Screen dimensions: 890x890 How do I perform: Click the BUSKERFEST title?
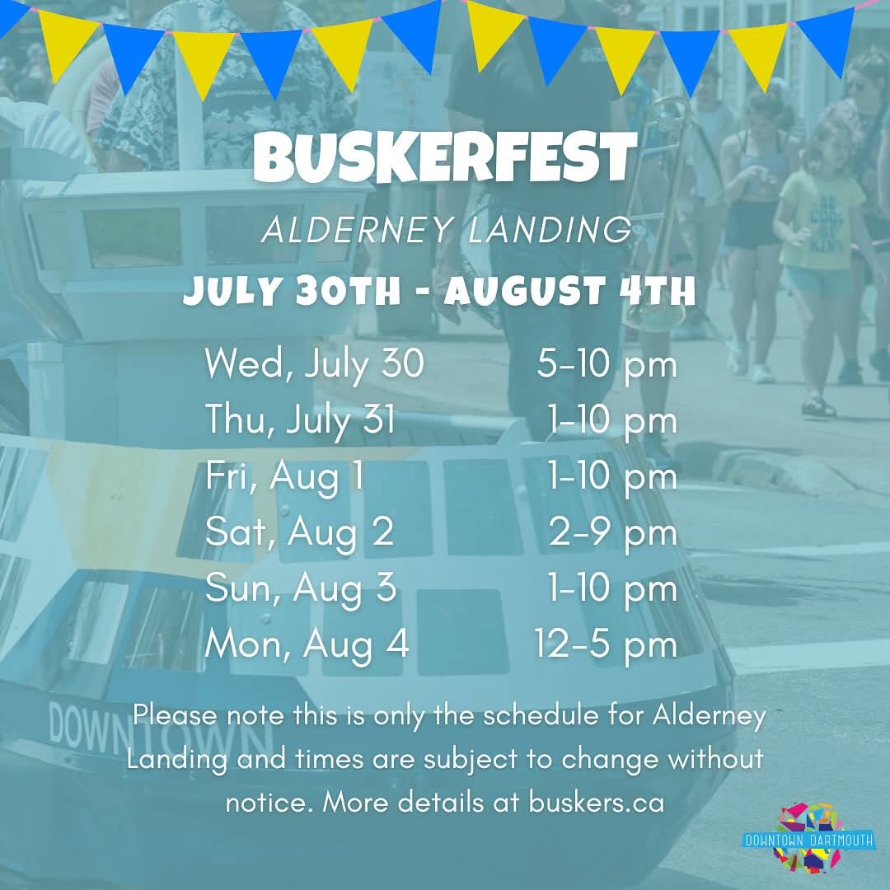(445, 157)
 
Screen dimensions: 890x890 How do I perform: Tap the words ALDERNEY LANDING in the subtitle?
(447, 230)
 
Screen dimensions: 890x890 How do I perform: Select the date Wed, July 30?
(314, 364)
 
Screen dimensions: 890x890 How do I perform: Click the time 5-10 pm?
(607, 364)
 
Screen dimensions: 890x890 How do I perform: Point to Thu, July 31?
(300, 419)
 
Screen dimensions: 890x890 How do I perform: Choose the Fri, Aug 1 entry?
(285, 475)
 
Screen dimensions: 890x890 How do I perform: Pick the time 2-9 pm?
(613, 533)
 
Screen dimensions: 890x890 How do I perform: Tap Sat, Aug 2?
(299, 532)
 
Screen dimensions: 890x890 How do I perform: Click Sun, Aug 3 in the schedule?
(301, 588)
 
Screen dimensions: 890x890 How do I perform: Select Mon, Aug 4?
(307, 644)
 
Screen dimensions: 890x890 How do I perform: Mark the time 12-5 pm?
(606, 644)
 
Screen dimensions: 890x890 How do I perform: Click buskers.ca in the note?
(596, 802)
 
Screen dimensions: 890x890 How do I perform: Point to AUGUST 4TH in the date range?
(569, 290)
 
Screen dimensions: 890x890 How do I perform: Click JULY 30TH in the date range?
(292, 291)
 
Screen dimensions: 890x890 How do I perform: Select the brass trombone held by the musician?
(657, 216)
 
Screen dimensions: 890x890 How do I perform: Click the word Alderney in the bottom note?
(710, 716)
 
